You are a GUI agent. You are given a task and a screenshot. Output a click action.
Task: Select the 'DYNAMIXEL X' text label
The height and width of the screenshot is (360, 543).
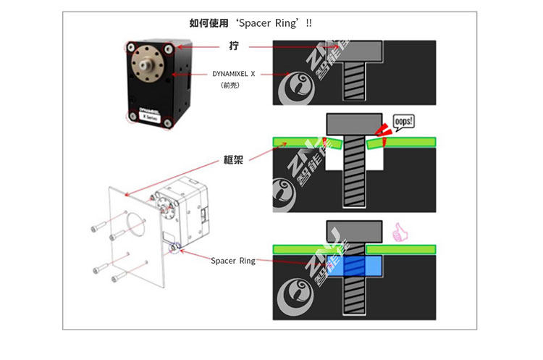234,74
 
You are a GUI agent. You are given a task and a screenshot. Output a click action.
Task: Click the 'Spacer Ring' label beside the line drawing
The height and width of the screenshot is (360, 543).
232,261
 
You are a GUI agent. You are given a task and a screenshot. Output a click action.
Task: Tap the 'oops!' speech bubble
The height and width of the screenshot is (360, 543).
403,121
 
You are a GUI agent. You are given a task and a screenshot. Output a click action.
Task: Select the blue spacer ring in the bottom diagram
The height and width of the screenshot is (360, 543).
354,266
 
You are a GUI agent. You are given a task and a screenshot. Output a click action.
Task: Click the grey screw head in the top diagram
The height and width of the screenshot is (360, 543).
354,49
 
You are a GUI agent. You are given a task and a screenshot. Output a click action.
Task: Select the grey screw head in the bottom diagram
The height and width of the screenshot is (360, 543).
354,231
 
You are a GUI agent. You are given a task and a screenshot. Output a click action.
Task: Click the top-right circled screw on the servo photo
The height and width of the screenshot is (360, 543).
169,49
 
